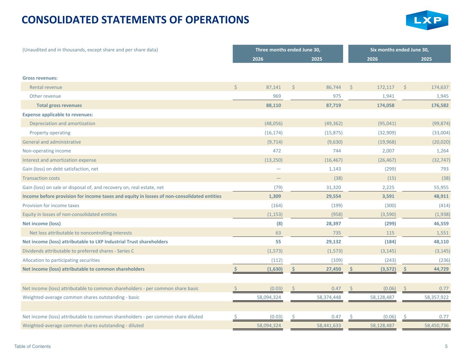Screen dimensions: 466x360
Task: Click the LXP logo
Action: pos(427,20)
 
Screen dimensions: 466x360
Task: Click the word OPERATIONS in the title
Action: pos(217,20)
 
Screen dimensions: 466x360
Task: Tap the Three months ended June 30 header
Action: pos(287,50)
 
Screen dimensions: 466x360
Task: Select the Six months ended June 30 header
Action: pos(399,50)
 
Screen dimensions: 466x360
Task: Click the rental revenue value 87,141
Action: pos(273,87)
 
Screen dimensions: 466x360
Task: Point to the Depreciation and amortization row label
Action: pos(62,124)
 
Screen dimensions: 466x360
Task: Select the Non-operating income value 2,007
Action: pos(388,151)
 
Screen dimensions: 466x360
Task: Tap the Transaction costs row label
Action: pos(41,178)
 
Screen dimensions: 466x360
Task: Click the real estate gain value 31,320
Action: pos(334,187)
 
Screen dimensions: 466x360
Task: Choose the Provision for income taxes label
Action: pos(51,205)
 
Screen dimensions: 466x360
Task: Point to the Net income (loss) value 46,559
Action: pos(441,224)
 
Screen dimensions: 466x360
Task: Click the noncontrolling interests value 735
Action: pos(337,233)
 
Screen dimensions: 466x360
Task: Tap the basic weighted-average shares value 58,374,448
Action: pos(329,297)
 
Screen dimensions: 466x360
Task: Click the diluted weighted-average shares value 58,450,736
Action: pos(436,326)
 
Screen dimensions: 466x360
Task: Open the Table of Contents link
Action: pos(32,346)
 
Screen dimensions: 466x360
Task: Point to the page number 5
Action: pos(446,346)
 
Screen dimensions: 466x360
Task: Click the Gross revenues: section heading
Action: pos(40,78)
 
